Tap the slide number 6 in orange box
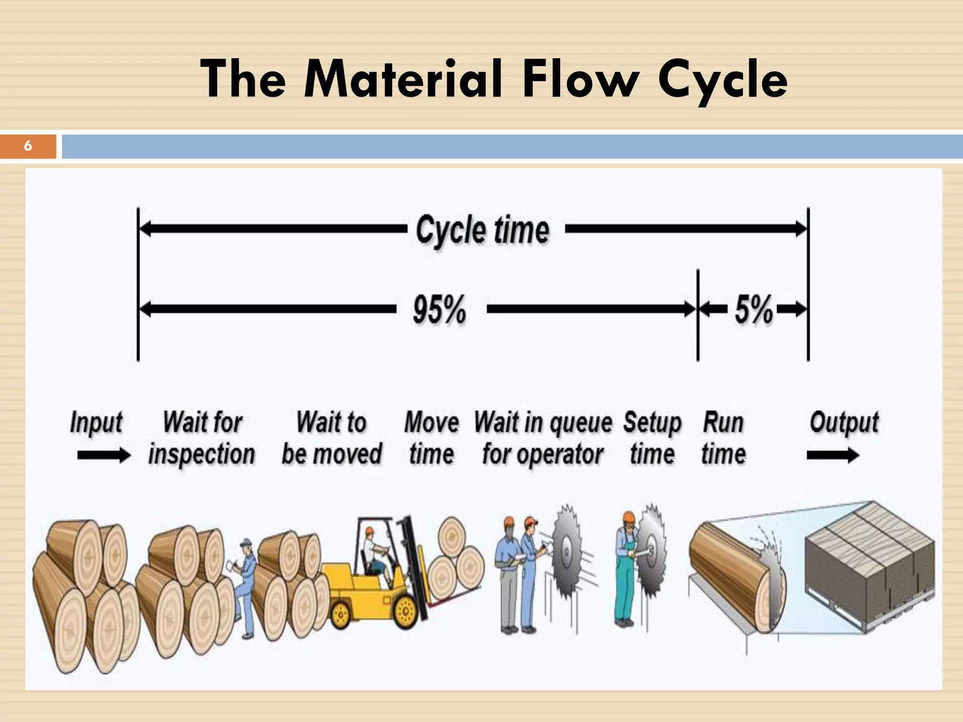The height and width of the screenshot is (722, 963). tap(28, 146)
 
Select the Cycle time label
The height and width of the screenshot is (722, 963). tap(482, 230)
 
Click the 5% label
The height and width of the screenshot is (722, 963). tap(753, 309)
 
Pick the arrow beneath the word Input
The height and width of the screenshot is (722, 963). tap(103, 455)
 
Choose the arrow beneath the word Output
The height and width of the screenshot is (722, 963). tap(832, 455)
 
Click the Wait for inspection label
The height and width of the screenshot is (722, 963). tap(202, 438)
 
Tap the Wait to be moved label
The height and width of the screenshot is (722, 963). tap(332, 438)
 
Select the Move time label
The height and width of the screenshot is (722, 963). tap(431, 438)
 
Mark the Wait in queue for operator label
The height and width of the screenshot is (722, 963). tap(543, 438)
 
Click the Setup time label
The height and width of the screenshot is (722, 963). tap(652, 438)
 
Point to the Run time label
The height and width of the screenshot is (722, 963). tap(723, 438)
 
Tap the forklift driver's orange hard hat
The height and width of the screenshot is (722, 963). tap(370, 531)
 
